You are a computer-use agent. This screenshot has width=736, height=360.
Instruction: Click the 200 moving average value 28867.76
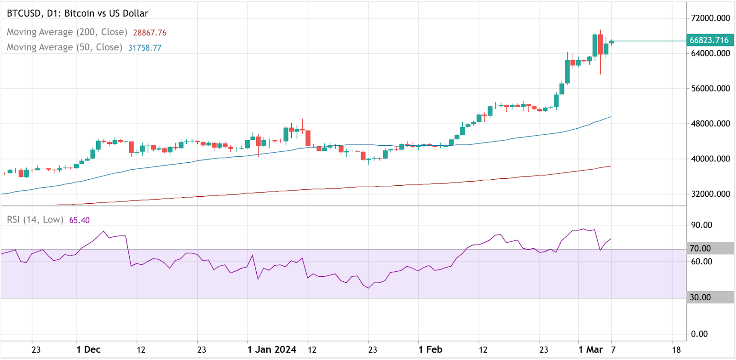tap(149, 33)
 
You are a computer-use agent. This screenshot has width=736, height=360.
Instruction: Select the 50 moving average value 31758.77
tap(144, 48)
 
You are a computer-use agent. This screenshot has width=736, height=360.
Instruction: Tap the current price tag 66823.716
tap(709, 40)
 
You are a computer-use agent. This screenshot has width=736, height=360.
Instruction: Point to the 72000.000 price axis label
tap(710, 18)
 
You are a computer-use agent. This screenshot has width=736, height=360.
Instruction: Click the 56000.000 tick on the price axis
tap(710, 89)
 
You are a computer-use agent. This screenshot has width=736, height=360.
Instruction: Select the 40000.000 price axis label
tap(710, 159)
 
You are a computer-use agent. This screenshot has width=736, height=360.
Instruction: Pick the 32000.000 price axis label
tap(710, 194)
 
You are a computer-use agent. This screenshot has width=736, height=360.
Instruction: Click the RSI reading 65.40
tap(79, 220)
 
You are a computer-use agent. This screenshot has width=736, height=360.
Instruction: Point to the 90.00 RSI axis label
tap(701, 225)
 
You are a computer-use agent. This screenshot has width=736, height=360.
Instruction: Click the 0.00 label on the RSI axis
tap(699, 334)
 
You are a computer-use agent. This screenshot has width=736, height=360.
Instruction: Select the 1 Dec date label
tap(88, 349)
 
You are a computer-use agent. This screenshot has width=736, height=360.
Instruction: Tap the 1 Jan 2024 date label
tap(271, 349)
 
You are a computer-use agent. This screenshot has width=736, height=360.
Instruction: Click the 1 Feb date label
tap(430, 349)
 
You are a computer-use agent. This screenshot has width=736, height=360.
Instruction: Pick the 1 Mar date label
tap(590, 349)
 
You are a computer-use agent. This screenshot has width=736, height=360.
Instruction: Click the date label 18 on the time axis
tap(676, 349)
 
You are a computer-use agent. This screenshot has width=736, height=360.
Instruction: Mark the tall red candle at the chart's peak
tap(600, 45)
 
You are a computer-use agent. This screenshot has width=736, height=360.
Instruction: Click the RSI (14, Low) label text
tap(35, 220)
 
